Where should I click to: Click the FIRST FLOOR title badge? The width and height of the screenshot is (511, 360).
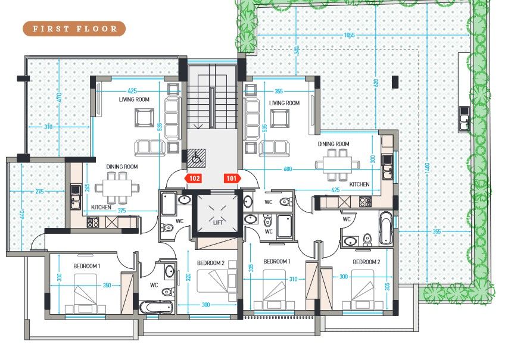(x=74, y=29)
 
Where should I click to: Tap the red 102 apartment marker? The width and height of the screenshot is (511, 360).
(x=194, y=178)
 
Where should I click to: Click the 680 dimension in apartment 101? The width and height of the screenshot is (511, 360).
(x=288, y=170)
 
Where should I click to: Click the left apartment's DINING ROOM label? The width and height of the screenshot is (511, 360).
(x=122, y=167)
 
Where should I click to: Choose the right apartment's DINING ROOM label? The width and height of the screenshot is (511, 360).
(x=333, y=144)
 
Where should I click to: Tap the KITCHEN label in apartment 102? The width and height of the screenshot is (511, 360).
(x=102, y=207)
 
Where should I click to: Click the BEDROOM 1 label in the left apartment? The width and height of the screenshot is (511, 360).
(x=87, y=265)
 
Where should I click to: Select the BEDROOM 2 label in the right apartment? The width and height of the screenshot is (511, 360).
(x=366, y=262)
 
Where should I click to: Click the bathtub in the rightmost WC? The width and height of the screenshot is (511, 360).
(x=386, y=229)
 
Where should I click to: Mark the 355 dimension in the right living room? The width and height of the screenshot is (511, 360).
(x=274, y=91)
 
